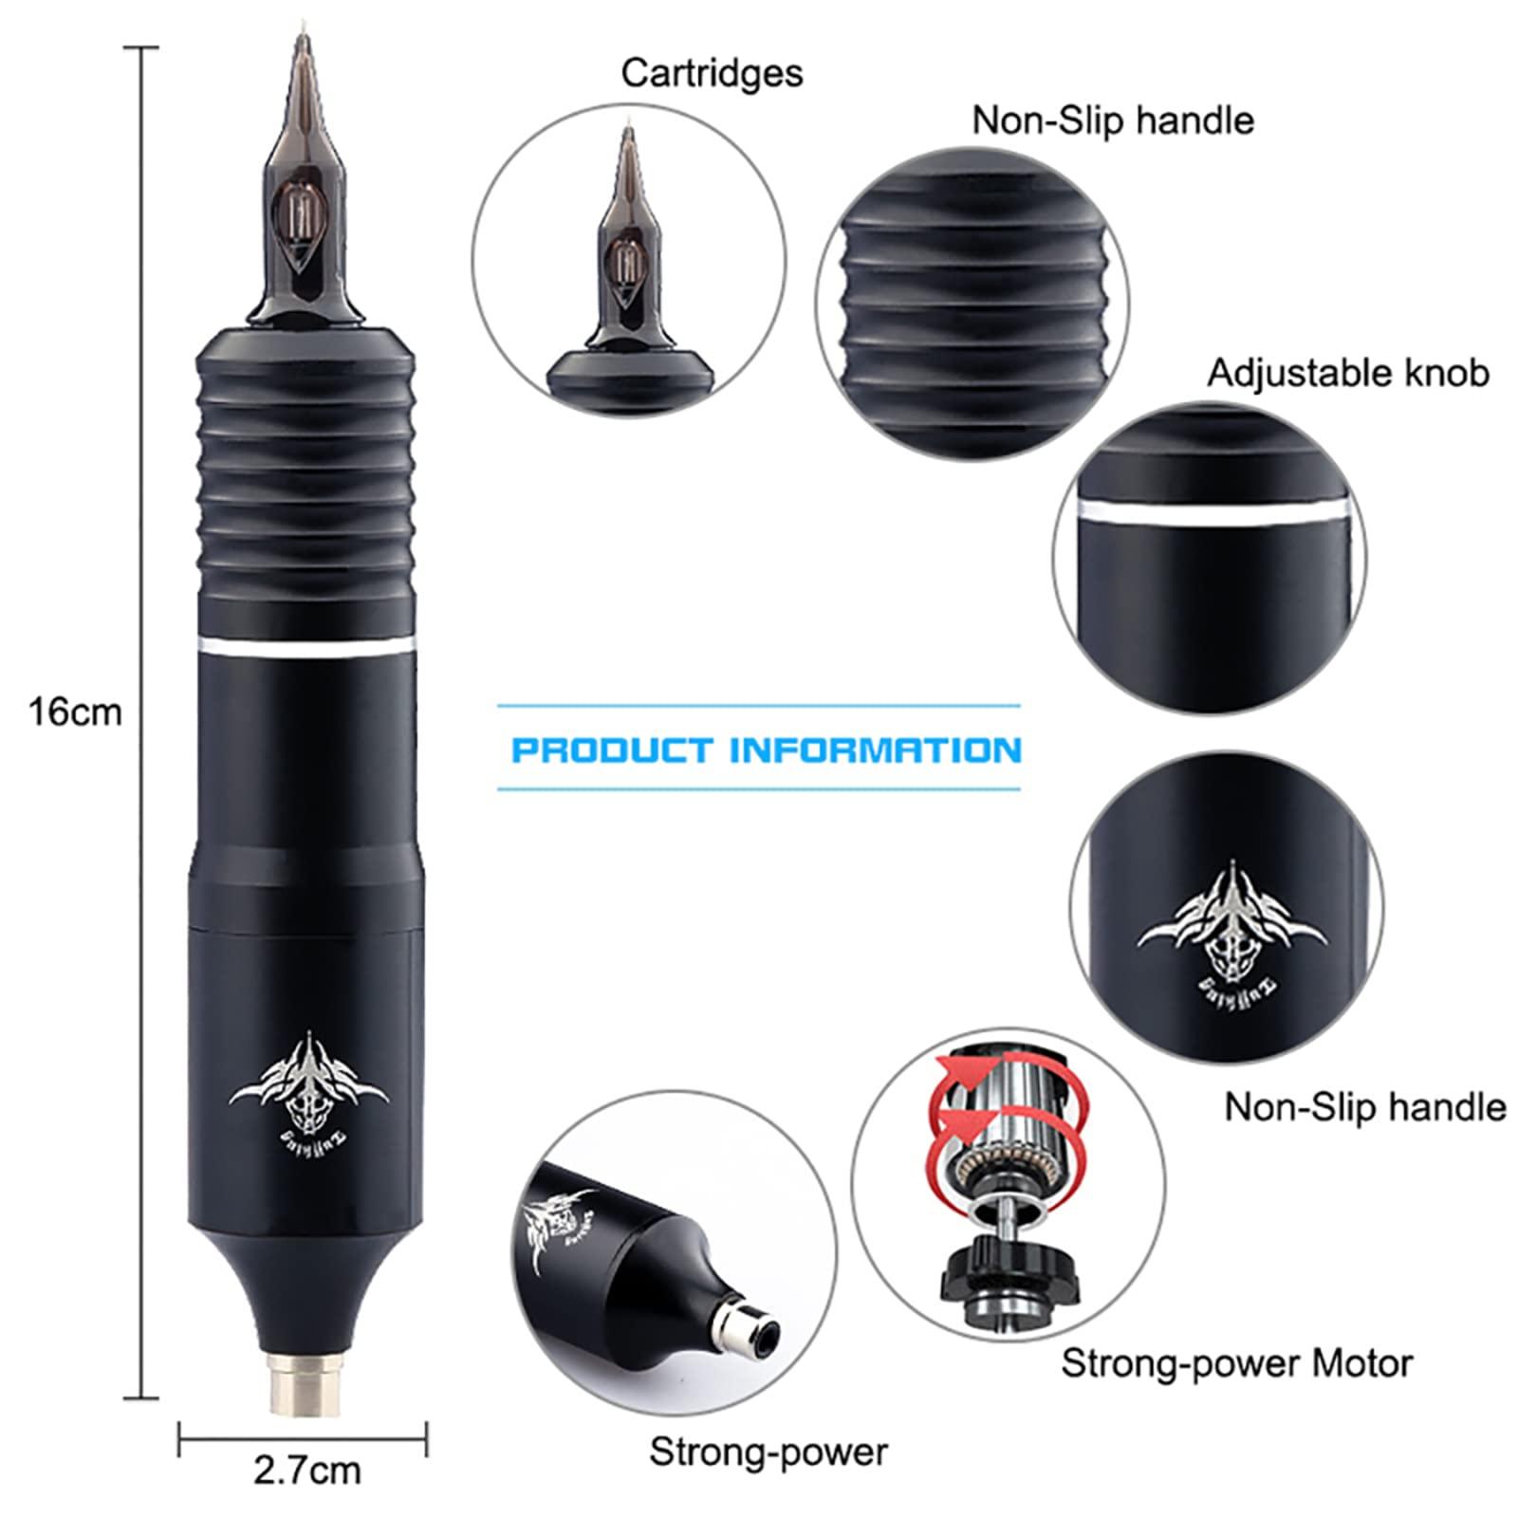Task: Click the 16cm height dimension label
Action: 75,712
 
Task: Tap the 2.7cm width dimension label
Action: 306,1470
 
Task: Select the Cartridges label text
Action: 712,74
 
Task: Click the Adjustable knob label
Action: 1347,373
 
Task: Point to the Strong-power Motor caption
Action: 1236,1363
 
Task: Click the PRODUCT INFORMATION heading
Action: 766,750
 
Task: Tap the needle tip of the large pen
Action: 305,43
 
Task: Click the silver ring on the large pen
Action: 309,650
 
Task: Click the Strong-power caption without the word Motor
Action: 768,1452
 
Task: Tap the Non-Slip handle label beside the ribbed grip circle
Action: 1112,121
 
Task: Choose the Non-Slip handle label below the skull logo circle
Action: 1364,1107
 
